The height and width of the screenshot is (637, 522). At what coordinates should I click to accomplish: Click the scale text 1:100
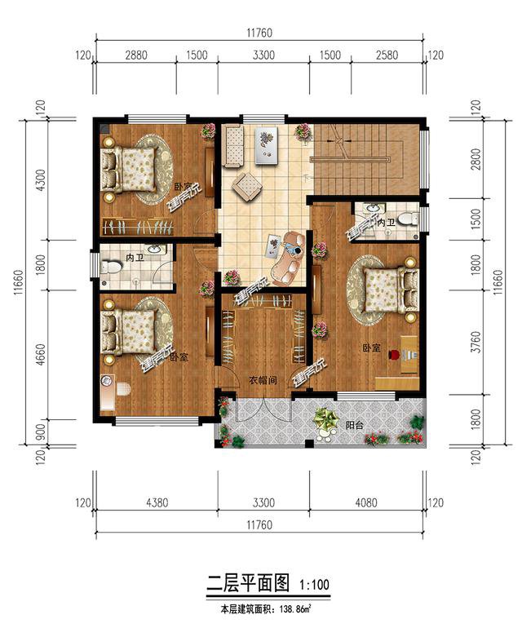click(x=315, y=584)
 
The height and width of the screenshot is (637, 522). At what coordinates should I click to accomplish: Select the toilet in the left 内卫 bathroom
click(x=110, y=265)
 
